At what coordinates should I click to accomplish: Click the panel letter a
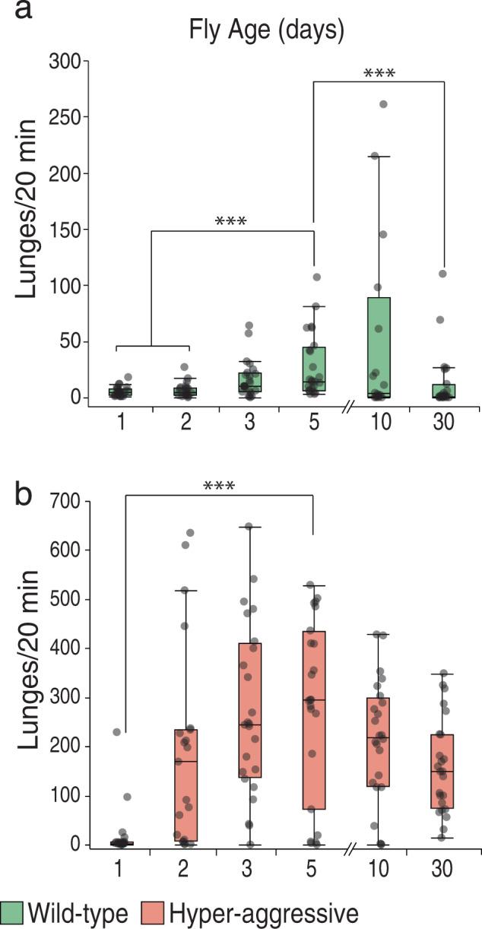point(17,13)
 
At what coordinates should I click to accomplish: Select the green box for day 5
point(314,369)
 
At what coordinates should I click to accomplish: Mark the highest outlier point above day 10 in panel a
point(383,104)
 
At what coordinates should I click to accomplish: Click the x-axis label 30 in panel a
point(443,422)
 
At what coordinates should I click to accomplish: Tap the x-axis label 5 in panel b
point(314,868)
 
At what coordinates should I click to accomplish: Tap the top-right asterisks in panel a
point(379,74)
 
